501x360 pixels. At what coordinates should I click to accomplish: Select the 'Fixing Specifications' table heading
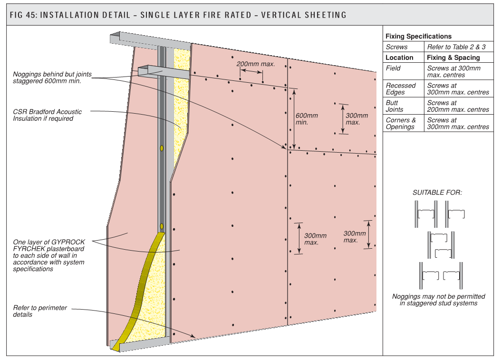[418, 36]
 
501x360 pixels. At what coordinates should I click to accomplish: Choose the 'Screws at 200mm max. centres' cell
[458, 106]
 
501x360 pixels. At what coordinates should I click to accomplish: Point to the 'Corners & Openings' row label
[400, 124]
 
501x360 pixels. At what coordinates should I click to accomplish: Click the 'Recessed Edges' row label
[400, 88]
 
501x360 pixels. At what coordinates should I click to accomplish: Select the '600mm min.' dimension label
[307, 119]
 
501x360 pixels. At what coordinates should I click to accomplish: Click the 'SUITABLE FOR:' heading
[437, 193]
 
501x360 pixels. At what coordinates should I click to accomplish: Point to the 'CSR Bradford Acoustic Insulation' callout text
[47, 115]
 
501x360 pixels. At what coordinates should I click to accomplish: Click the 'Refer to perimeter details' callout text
[40, 311]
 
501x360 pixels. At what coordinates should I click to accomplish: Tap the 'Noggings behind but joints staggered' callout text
[52, 78]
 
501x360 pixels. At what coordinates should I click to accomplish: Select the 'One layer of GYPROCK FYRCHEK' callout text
[48, 255]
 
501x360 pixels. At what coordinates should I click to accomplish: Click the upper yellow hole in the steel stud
[162, 148]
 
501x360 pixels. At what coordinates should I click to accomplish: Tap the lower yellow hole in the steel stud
[162, 226]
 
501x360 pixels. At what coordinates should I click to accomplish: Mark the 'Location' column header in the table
[399, 58]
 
